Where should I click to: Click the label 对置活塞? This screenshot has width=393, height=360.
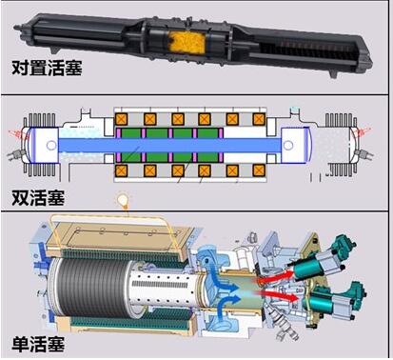[47, 68]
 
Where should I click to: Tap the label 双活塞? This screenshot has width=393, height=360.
[38, 198]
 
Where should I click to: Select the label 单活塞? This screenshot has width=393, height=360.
[38, 344]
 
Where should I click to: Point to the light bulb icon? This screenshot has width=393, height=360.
[124, 200]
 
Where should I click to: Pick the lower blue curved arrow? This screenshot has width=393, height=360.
[227, 302]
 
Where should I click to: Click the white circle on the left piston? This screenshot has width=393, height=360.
[51, 146]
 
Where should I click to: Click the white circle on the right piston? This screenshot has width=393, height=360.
[288, 146]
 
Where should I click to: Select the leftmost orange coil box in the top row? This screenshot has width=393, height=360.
[122, 119]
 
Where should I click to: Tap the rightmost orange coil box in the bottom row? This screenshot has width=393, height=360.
[259, 170]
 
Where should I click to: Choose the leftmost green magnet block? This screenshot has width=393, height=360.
[131, 145]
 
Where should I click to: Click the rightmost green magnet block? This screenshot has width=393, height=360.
[207, 145]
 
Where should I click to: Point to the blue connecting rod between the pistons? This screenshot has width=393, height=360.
[170, 146]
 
